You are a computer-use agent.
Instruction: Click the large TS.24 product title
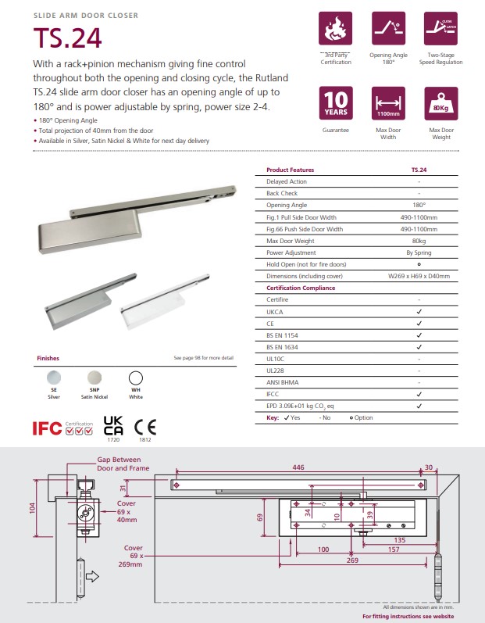[67, 38]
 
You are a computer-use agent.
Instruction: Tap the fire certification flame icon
[336, 29]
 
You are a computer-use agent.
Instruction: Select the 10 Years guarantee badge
[336, 104]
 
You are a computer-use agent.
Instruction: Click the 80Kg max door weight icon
[440, 104]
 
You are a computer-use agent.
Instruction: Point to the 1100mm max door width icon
[388, 104]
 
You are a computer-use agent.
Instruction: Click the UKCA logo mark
[113, 424]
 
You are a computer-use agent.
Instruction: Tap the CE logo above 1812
[144, 426]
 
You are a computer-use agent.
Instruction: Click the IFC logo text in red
[46, 428]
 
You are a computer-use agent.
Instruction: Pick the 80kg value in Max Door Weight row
[419, 241]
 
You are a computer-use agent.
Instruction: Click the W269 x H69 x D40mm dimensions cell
[419, 276]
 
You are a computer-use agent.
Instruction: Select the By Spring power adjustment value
[419, 252]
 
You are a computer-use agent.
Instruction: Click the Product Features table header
[290, 170]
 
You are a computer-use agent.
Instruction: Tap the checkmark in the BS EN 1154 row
[419, 335]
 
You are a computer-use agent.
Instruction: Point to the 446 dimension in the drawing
[298, 467]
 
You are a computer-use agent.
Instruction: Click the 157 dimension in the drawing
[394, 550]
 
